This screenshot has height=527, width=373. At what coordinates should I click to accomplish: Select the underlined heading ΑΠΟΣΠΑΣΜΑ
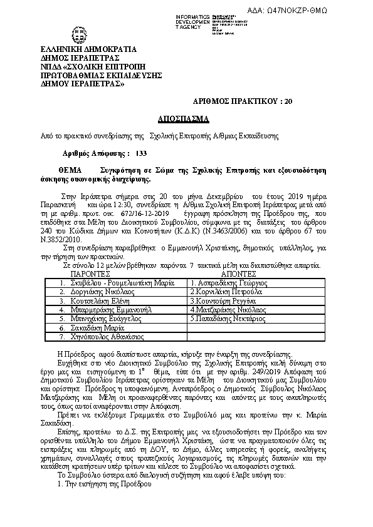[186, 118]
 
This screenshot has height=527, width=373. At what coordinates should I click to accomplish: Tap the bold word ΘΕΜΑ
[71, 170]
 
